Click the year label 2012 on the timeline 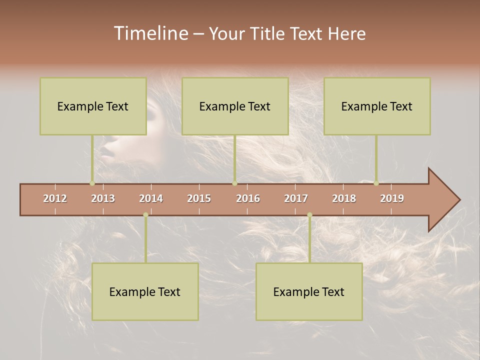coord(55,198)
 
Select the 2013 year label coord(103,198)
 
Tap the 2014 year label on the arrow coord(151,198)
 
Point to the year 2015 coord(199,198)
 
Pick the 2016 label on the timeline coord(248,198)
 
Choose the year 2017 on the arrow coord(296,198)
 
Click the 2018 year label coord(344,198)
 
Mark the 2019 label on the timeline coord(392,198)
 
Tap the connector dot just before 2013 coord(92,183)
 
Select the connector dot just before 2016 coord(234,183)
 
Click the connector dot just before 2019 coord(376,183)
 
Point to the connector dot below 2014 coord(145,215)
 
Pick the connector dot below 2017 coord(309,215)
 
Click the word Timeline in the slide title coord(150,33)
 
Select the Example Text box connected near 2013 coord(93,106)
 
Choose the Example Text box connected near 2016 coord(235,106)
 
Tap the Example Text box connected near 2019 coord(377,106)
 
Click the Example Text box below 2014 coord(145,291)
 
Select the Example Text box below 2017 coord(309,291)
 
